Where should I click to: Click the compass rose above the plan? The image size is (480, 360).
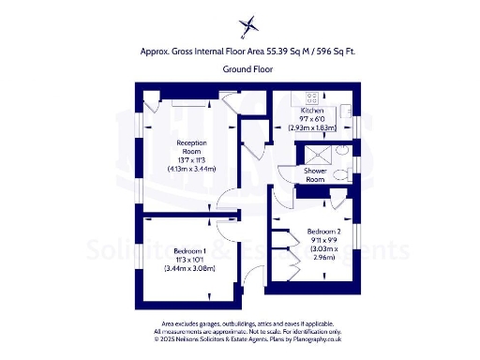(x=247, y=25)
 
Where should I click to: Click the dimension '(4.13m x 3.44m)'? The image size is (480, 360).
(x=191, y=170)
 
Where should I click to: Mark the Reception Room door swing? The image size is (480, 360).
(x=226, y=200)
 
